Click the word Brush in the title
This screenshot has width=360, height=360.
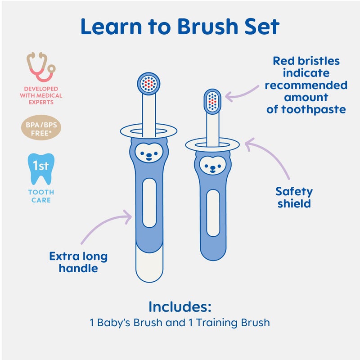coord(204,27)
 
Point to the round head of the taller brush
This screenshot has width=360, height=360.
coord(148,83)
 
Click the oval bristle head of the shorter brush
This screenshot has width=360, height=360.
coord(213,101)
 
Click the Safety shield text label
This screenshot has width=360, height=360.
coord(294,197)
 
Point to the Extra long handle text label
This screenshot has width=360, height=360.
coord(78,262)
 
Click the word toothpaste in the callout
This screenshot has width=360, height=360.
coord(306,109)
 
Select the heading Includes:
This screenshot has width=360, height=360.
coord(180,307)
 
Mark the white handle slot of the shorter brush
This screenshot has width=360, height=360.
coord(212,212)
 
